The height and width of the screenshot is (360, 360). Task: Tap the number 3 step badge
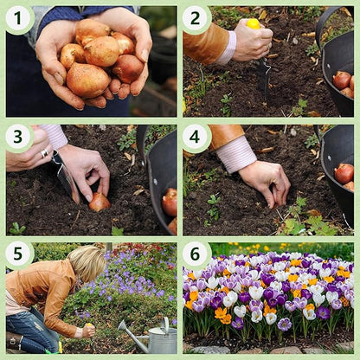point(18,137)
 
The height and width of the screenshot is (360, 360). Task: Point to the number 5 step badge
point(18,254)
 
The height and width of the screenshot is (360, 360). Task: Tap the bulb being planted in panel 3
point(100,202)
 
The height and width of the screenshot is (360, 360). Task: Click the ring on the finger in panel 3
point(44,153)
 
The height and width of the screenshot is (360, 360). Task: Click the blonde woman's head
point(87,263)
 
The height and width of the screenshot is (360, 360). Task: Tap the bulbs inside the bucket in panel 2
point(344,81)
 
